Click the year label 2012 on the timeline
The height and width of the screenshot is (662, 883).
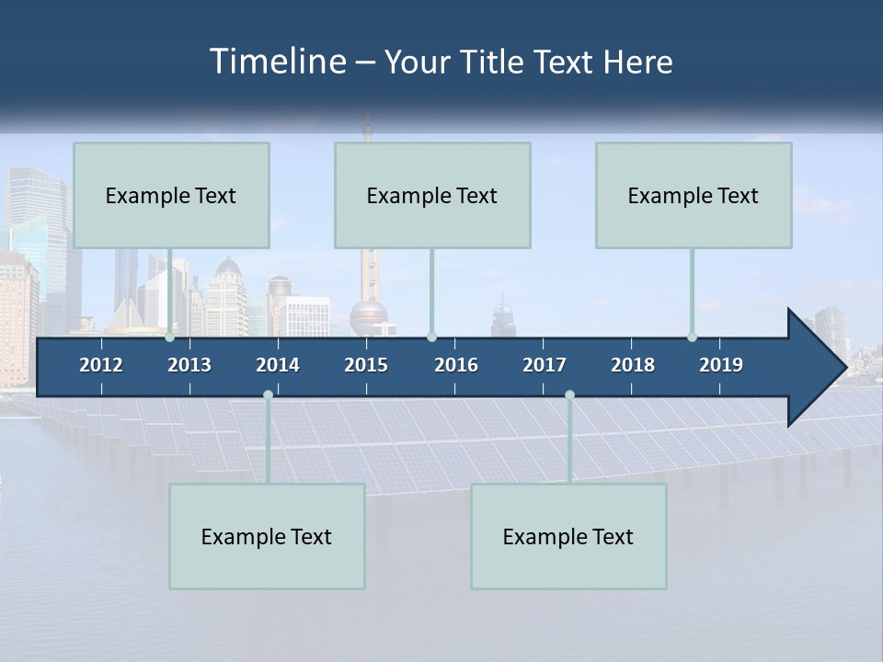[101, 365]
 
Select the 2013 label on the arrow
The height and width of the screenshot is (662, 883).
[189, 365]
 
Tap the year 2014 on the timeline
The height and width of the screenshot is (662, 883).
[278, 365]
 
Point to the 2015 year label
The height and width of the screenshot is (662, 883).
[366, 365]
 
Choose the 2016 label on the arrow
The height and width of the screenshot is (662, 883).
[456, 365]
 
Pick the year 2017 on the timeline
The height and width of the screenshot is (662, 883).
[545, 365]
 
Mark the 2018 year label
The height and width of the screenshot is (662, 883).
[633, 365]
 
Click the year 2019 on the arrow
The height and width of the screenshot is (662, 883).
[721, 365]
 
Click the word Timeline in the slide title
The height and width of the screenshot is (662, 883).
[277, 62]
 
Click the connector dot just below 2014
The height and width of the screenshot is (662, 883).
[268, 395]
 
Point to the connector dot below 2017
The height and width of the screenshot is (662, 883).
[569, 395]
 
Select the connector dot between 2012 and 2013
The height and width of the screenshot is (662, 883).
[170, 337]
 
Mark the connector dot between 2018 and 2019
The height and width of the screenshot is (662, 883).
[693, 337]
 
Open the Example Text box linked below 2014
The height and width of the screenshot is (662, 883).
[267, 536]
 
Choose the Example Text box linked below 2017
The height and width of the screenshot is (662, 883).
[568, 536]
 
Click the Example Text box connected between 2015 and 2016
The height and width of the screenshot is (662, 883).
[432, 195]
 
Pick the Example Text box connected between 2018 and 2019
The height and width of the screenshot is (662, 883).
[694, 195]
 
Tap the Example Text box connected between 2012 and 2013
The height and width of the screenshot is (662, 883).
[171, 195]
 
